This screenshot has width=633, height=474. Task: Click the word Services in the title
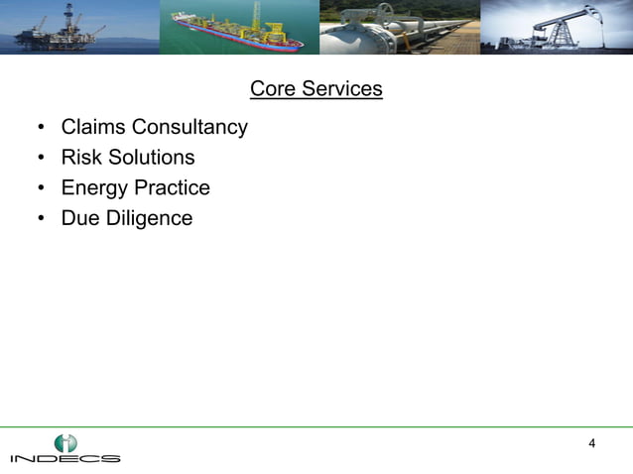coord(341,89)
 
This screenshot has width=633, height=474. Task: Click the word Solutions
coord(152,158)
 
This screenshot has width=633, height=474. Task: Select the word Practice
coord(174,187)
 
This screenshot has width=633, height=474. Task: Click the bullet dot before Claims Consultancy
coord(41,129)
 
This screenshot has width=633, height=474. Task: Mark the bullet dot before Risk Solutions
coord(41,159)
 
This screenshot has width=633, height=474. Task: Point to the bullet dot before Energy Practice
coord(41,188)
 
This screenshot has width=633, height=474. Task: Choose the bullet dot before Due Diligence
coord(41,219)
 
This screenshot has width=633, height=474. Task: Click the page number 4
coord(592,442)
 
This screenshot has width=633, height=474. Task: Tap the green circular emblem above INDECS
coord(65,442)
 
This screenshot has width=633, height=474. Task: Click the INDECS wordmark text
coord(65,459)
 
